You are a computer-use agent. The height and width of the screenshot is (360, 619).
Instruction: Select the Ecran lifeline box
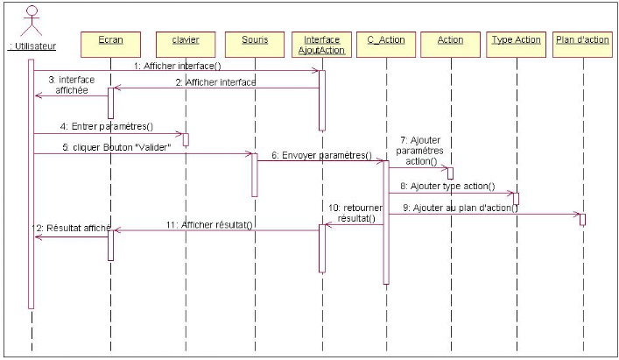[110, 40]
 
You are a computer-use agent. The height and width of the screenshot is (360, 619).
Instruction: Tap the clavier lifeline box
[185, 40]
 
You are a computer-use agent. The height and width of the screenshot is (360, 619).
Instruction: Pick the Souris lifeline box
[254, 40]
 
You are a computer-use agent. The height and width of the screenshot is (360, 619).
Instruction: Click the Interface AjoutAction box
[321, 45]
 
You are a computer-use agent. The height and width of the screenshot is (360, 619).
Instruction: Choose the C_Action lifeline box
[385, 40]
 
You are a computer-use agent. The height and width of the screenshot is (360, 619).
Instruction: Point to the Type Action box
[516, 40]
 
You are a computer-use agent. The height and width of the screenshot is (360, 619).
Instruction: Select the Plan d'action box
[581, 40]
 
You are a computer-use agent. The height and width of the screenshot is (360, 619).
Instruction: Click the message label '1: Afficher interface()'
[179, 65]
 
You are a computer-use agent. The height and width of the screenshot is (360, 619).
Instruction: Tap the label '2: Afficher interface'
[216, 81]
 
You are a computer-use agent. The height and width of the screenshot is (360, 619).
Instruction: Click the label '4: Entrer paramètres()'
[107, 127]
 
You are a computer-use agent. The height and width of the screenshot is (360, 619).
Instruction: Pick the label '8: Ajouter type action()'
[447, 186]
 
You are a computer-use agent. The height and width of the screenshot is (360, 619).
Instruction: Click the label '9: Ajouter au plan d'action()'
[461, 208]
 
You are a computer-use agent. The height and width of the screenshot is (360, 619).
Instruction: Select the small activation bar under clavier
[186, 139]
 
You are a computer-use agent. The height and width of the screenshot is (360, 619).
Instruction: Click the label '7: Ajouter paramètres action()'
[420, 148]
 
